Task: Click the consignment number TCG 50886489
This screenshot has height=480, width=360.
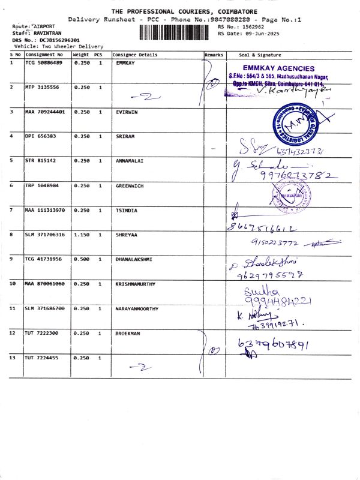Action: (43, 63)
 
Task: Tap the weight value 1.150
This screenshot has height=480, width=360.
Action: (82, 235)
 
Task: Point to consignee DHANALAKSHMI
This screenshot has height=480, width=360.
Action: (134, 259)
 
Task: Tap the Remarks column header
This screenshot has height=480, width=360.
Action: (214, 55)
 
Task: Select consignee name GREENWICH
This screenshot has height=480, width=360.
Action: (130, 185)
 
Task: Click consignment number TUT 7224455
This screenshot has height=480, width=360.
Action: (41, 358)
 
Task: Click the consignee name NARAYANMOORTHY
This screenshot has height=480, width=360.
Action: (137, 308)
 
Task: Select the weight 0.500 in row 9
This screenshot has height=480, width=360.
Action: (82, 259)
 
